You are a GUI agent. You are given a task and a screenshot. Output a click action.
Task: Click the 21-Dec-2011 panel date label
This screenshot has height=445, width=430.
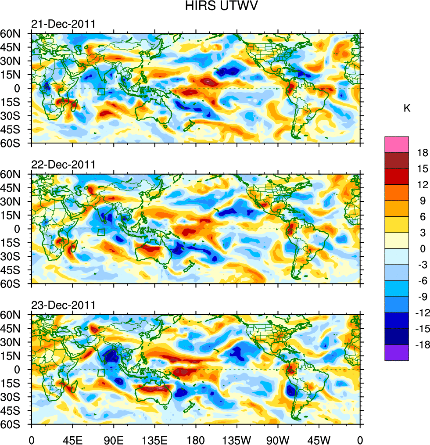click(x=63, y=24)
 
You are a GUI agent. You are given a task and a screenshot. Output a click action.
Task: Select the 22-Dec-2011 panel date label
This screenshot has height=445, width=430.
click(x=63, y=165)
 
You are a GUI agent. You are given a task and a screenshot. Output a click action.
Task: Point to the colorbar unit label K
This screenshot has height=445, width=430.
click(x=407, y=108)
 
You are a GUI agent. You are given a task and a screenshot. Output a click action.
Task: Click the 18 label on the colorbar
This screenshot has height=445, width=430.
click(x=423, y=152)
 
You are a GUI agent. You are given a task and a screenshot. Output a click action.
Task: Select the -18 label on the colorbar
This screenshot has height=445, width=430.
click(x=421, y=345)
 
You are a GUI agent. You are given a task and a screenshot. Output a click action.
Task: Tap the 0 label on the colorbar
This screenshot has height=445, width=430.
click(x=423, y=249)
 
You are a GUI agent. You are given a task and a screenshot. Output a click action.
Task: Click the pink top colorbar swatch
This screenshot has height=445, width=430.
click(x=397, y=144)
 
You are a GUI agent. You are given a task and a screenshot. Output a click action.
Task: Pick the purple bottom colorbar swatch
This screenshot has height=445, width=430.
click(x=397, y=353)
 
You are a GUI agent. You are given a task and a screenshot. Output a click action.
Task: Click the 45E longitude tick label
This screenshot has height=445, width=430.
click(x=72, y=439)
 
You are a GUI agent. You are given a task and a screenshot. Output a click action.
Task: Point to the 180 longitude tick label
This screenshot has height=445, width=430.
click(x=196, y=439)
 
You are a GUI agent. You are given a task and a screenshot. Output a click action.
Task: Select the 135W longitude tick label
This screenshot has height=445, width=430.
click(x=236, y=439)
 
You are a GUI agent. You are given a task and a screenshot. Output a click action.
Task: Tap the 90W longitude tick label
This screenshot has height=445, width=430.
click(x=278, y=439)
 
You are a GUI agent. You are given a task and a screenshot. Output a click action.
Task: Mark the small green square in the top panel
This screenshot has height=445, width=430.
click(x=101, y=92)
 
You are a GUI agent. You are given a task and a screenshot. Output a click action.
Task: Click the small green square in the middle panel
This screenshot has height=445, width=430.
click(x=101, y=233)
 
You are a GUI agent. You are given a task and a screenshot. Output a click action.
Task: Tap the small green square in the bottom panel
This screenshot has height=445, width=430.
click(x=101, y=373)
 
